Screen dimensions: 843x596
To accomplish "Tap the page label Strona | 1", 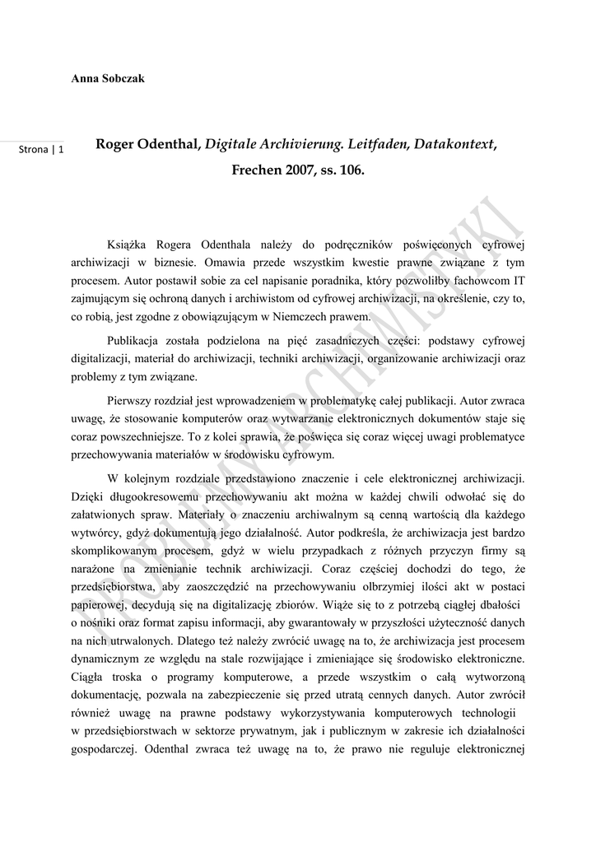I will pos(45,149).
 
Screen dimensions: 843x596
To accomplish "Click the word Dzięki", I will pos(88,496).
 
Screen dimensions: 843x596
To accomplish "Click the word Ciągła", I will pos(88,675).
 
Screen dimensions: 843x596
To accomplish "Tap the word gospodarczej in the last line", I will pos(105,749).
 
